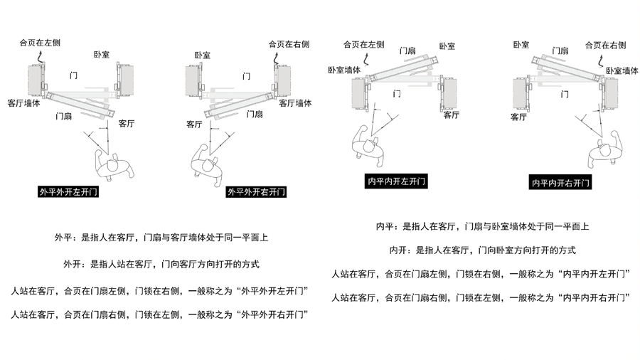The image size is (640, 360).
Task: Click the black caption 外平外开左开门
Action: point(69,191)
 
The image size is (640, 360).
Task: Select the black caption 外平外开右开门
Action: point(257,191)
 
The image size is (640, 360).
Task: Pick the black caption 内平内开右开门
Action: point(561,183)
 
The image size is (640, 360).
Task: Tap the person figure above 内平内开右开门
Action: point(604,150)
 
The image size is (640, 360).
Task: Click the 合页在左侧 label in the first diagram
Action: point(41,43)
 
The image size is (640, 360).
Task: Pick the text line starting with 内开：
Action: point(482,250)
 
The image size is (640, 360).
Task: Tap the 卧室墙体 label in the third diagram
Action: point(344,70)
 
